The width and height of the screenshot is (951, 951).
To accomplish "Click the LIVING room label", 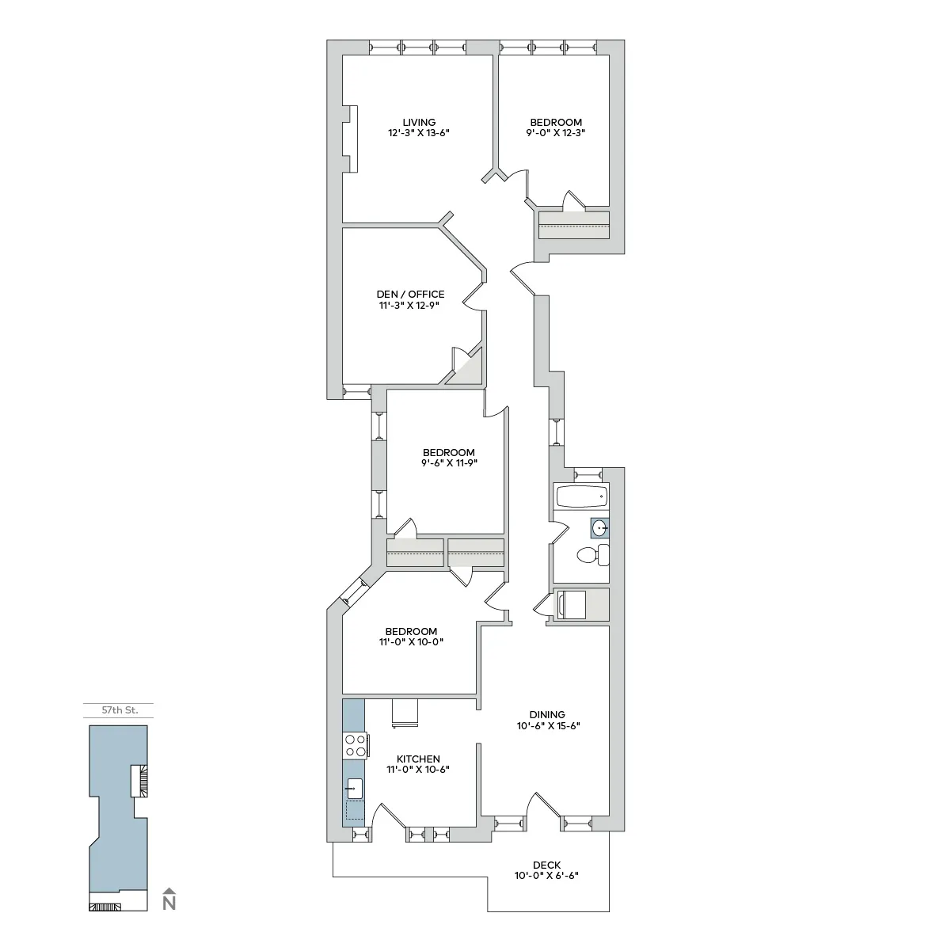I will (x=419, y=122).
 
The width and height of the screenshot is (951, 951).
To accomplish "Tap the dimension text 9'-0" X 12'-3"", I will (x=555, y=133).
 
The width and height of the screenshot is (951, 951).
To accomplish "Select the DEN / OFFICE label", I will (x=410, y=294).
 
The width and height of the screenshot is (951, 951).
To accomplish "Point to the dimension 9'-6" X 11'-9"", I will (x=449, y=463).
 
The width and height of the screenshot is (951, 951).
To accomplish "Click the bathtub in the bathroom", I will (x=581, y=497).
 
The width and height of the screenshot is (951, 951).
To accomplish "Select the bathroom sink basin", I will (x=600, y=527).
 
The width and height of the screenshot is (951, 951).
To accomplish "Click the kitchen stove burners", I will (x=355, y=745).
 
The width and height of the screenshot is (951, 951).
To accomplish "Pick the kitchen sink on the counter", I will (x=355, y=788).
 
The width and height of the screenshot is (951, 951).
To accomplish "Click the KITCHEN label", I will (x=418, y=759).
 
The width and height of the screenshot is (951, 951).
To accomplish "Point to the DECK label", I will (x=546, y=865).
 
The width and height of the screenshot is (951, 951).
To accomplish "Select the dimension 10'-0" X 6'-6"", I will (x=546, y=876).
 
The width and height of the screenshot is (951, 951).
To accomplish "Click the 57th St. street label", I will (x=120, y=710).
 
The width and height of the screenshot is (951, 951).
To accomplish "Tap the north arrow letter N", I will (x=169, y=903).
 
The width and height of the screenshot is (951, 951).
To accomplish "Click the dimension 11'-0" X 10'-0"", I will (x=411, y=642).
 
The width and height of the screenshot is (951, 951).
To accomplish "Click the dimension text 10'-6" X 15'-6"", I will (x=548, y=725).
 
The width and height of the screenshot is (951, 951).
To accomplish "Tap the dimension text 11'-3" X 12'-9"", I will (x=410, y=305).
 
